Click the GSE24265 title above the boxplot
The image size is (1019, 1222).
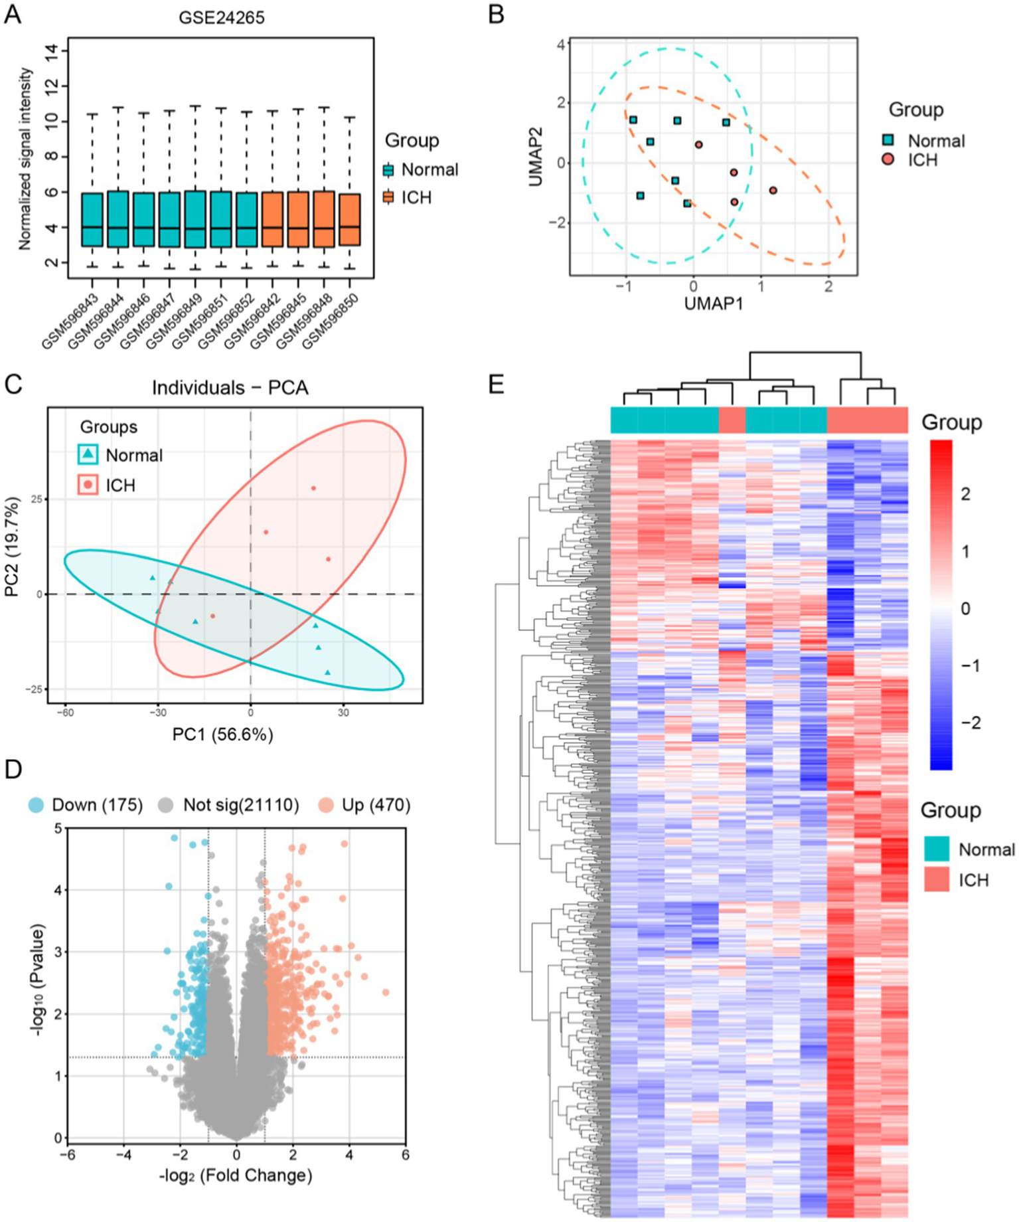click(x=221, y=17)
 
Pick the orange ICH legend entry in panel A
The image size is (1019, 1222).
click(x=416, y=197)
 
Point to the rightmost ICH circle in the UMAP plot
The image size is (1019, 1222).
click(x=773, y=191)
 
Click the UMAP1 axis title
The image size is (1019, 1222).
click(x=713, y=304)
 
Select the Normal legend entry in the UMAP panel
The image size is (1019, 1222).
click(x=935, y=141)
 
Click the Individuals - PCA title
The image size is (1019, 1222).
click(x=230, y=387)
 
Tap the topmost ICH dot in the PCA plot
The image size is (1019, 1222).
click(x=313, y=488)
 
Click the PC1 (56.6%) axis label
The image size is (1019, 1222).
click(x=222, y=735)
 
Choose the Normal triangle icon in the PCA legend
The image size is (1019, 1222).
click(x=88, y=455)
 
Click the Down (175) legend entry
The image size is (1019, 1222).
click(x=97, y=805)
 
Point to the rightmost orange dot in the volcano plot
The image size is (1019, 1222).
click(x=385, y=992)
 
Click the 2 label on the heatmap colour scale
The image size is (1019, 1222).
click(x=965, y=494)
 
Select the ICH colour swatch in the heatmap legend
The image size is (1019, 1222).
click(x=936, y=879)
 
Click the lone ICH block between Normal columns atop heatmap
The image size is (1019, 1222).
click(x=732, y=420)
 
